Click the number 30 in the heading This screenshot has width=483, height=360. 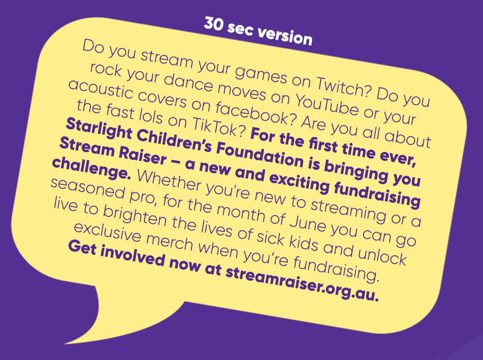click(213, 24)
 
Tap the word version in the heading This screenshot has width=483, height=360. click(285, 35)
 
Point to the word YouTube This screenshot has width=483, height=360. click(327, 103)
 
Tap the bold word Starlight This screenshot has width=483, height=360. click(99, 129)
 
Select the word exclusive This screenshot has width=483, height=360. click(107, 232)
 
